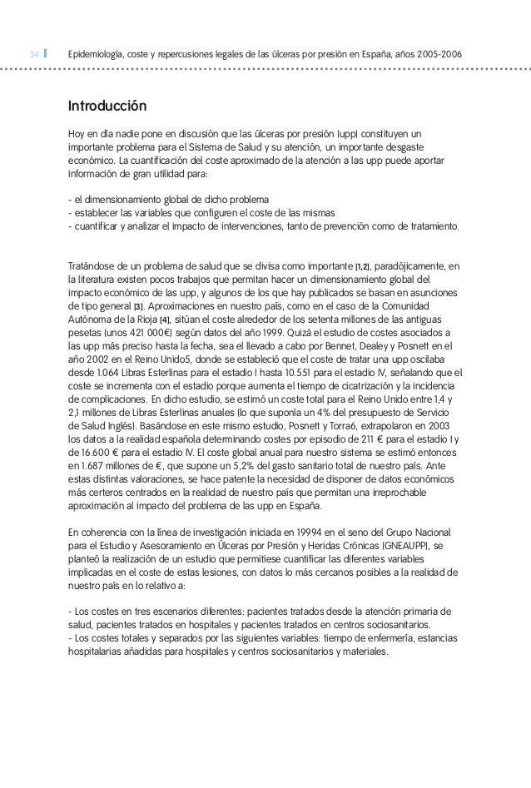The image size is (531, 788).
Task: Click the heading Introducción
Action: [x=108, y=107]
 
